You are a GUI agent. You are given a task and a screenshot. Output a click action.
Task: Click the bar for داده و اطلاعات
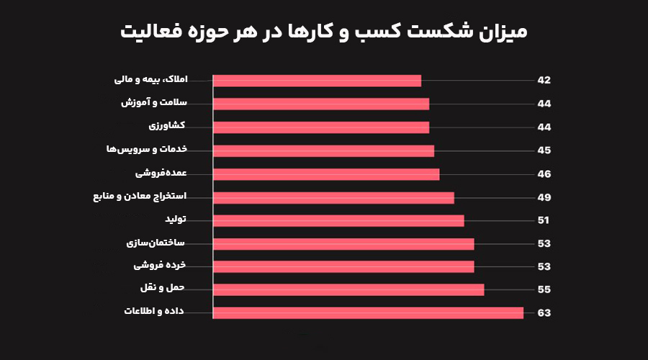[x=368, y=312]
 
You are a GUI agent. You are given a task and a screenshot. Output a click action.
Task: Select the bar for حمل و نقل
[x=348, y=289]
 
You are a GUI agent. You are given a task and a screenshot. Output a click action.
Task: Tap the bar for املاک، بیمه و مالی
[x=317, y=81]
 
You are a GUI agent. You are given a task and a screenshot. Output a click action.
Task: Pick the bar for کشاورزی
[x=321, y=127]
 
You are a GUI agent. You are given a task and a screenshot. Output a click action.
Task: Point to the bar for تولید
[x=338, y=220]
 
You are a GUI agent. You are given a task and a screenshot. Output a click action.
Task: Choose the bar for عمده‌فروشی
[x=326, y=174]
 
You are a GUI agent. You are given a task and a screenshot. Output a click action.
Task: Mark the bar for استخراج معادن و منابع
[x=333, y=197]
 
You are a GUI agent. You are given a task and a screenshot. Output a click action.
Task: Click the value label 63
[x=544, y=313]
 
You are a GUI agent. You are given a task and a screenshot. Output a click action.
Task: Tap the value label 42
[x=544, y=80]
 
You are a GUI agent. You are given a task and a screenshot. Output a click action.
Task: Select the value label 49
[x=544, y=197]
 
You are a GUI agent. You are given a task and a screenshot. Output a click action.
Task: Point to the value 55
[x=544, y=289]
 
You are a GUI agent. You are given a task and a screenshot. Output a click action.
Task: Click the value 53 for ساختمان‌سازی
[x=544, y=243]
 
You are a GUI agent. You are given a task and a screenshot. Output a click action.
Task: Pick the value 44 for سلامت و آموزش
[x=544, y=104]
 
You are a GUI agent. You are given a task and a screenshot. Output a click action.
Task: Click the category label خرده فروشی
[x=160, y=265]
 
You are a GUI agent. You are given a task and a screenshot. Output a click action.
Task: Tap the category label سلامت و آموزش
[x=153, y=102]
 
